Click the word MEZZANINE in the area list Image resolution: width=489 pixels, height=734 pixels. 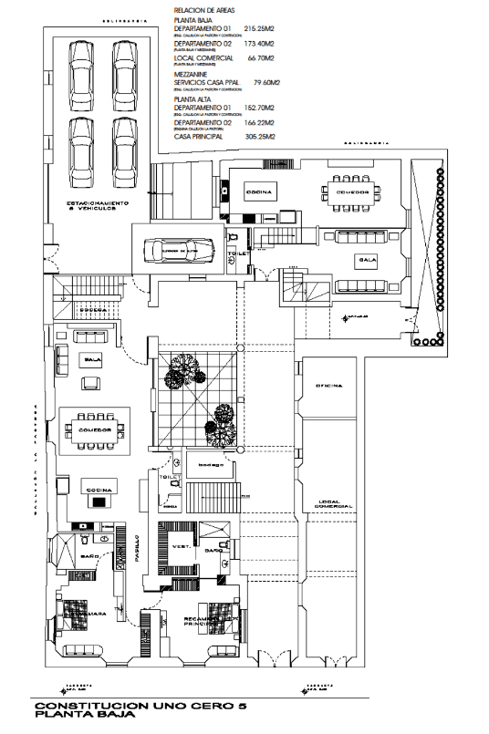[x=192, y=74]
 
